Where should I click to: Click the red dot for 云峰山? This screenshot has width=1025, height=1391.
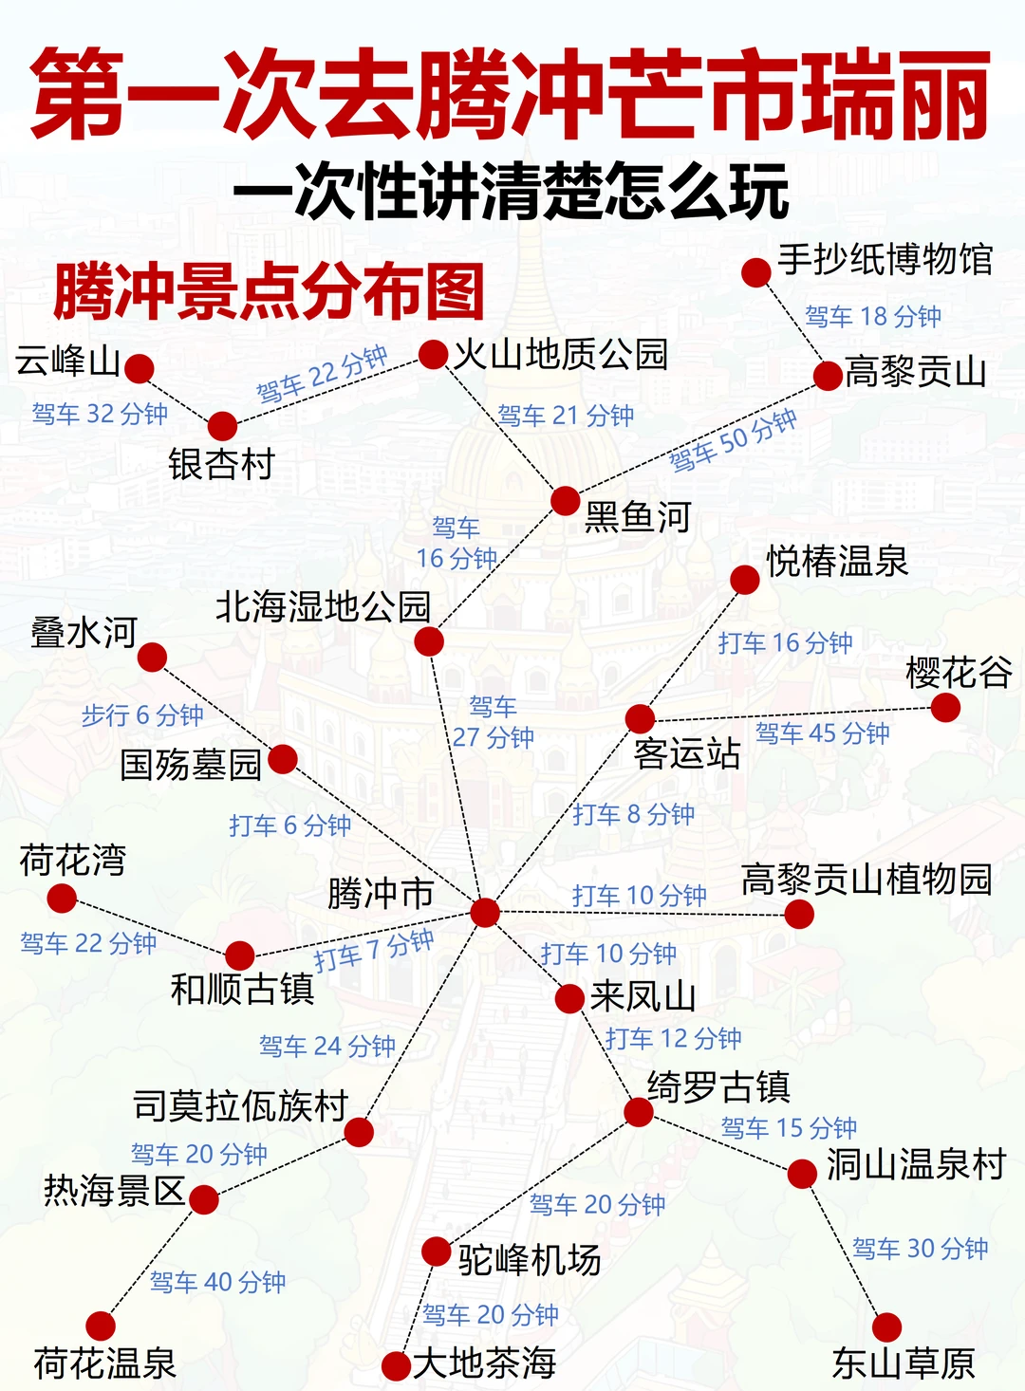point(140,368)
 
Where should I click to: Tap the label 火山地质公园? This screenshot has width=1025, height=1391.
point(560,355)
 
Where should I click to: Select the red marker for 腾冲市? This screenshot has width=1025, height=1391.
point(484,912)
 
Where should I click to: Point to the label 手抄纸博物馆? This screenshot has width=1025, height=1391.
point(885,259)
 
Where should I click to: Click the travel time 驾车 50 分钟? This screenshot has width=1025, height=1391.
point(733,441)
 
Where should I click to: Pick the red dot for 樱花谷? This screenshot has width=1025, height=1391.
point(945,707)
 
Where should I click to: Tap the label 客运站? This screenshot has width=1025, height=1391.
point(686,753)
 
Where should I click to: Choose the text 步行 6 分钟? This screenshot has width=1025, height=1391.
point(142,714)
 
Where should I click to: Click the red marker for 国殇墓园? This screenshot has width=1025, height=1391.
point(283,759)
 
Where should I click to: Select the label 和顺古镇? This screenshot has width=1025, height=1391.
point(242,989)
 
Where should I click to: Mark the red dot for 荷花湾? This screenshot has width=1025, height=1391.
point(62,898)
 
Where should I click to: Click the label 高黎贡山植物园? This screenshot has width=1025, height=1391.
point(866,880)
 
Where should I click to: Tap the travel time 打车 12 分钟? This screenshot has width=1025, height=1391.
point(674,1038)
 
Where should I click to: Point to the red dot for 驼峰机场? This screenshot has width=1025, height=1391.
point(436,1252)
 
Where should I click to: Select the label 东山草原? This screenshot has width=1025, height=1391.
point(903,1363)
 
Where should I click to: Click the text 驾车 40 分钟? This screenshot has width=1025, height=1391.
point(217,1282)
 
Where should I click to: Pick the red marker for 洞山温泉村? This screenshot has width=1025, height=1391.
point(802,1174)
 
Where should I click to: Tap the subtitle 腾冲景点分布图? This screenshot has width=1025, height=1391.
point(269,291)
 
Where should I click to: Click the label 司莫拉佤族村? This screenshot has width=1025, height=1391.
point(241,1106)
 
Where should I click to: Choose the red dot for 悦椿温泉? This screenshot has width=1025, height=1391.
point(745,579)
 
